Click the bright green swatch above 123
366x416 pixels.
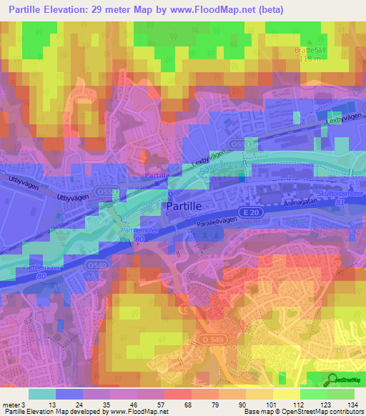pyautogui.click(x=312, y=394)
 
